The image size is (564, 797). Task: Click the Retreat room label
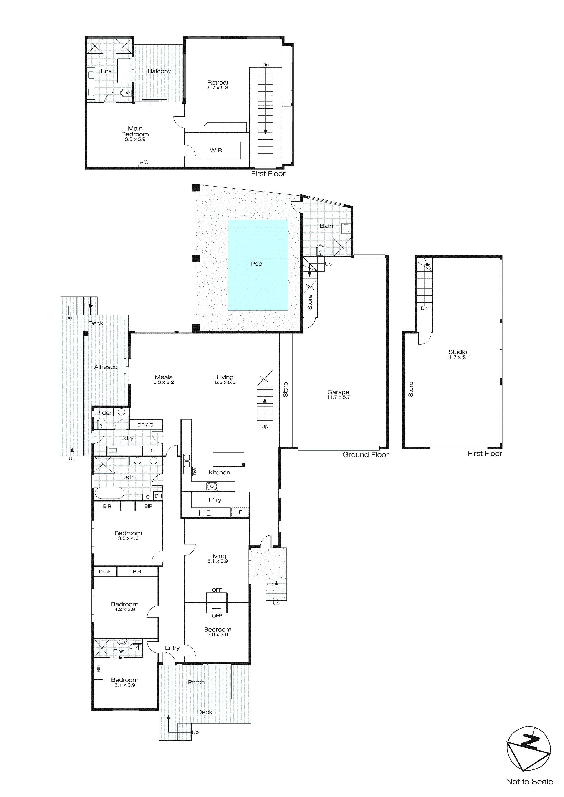click(218, 83)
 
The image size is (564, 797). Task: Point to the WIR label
click(216, 150)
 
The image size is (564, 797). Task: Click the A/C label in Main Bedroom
click(144, 162)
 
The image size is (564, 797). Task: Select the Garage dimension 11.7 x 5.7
click(338, 397)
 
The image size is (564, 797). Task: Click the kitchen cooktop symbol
click(212, 486)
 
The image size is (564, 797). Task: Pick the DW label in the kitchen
click(195, 471)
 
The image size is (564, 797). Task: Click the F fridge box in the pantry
click(240, 512)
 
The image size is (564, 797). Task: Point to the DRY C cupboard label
click(145, 425)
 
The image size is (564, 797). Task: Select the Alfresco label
click(106, 367)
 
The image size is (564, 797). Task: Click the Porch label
click(196, 682)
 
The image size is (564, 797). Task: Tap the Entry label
click(172, 648)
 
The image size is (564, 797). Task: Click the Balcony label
click(159, 71)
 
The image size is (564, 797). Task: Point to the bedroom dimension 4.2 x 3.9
click(125, 610)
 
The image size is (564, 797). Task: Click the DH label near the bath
click(158, 496)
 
